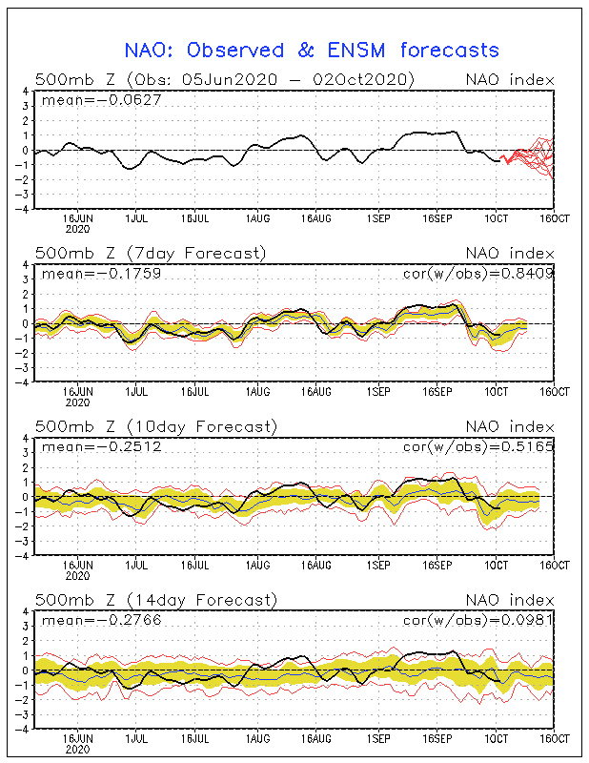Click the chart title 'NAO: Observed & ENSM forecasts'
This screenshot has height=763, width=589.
312,51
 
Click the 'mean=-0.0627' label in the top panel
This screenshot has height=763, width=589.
101,100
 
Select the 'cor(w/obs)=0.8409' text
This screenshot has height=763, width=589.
478,274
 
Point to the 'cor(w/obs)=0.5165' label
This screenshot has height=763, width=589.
478,447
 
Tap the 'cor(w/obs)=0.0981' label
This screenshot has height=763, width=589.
478,621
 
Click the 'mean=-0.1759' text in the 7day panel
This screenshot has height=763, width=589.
101,274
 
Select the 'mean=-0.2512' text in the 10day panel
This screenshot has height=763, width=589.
101,446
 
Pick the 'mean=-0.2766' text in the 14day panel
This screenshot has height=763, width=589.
101,620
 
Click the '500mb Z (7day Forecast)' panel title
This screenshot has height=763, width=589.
151,254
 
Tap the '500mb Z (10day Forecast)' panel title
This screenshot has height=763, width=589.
156,426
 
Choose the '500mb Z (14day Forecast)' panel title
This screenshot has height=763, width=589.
156,600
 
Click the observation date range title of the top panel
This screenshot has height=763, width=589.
225,80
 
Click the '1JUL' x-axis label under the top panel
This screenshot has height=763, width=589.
136,218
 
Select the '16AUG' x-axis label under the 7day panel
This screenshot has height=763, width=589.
316,392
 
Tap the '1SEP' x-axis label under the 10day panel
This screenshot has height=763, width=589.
378,565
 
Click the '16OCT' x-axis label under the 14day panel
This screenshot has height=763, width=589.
554,738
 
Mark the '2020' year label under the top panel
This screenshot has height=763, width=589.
78,229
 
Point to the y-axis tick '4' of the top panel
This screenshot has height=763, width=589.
26,92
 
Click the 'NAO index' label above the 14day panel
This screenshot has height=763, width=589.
510,600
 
